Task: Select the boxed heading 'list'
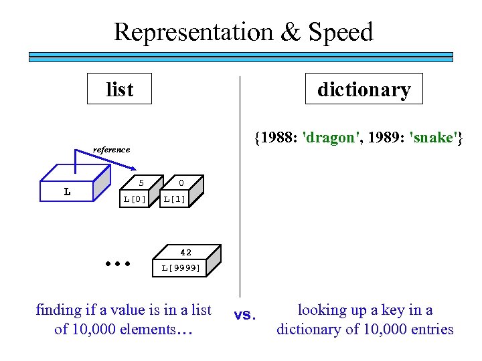pos(119,89)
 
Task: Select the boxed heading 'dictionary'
pos(364,89)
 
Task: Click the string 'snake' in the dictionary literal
pos(435,138)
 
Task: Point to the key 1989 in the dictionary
pos(385,138)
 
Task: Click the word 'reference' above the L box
pos(111,149)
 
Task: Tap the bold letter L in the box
pos(67,192)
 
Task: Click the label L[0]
pos(135,199)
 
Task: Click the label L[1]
pos(175,199)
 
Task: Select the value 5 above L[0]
pos(141,183)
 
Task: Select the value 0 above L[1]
pos(181,183)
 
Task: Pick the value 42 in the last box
pos(185,252)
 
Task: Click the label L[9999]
pos(180,268)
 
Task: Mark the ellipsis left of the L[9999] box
pos(117,263)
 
